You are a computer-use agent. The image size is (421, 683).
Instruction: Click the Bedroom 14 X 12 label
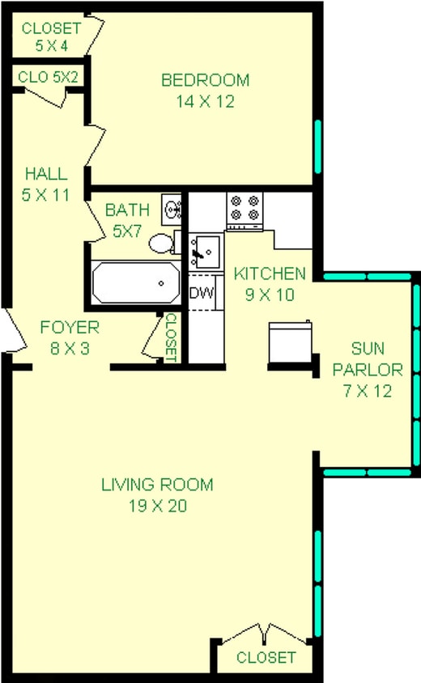pyautogui.click(x=205, y=91)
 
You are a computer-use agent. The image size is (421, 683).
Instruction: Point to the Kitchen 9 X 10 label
pyautogui.click(x=270, y=283)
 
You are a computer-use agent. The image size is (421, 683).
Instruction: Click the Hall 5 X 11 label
pyautogui.click(x=45, y=184)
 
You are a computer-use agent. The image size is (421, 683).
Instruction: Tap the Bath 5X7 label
pyautogui.click(x=126, y=220)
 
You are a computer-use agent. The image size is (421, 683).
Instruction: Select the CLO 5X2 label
pyautogui.click(x=47, y=78)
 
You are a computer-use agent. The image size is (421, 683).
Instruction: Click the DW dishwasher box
pyautogui.click(x=200, y=293)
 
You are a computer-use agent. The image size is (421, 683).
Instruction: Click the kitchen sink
pyautogui.click(x=203, y=251)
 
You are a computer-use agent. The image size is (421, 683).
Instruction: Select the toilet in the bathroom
pyautogui.click(x=163, y=242)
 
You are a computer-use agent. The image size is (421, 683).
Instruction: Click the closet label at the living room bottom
pyautogui.click(x=266, y=658)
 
